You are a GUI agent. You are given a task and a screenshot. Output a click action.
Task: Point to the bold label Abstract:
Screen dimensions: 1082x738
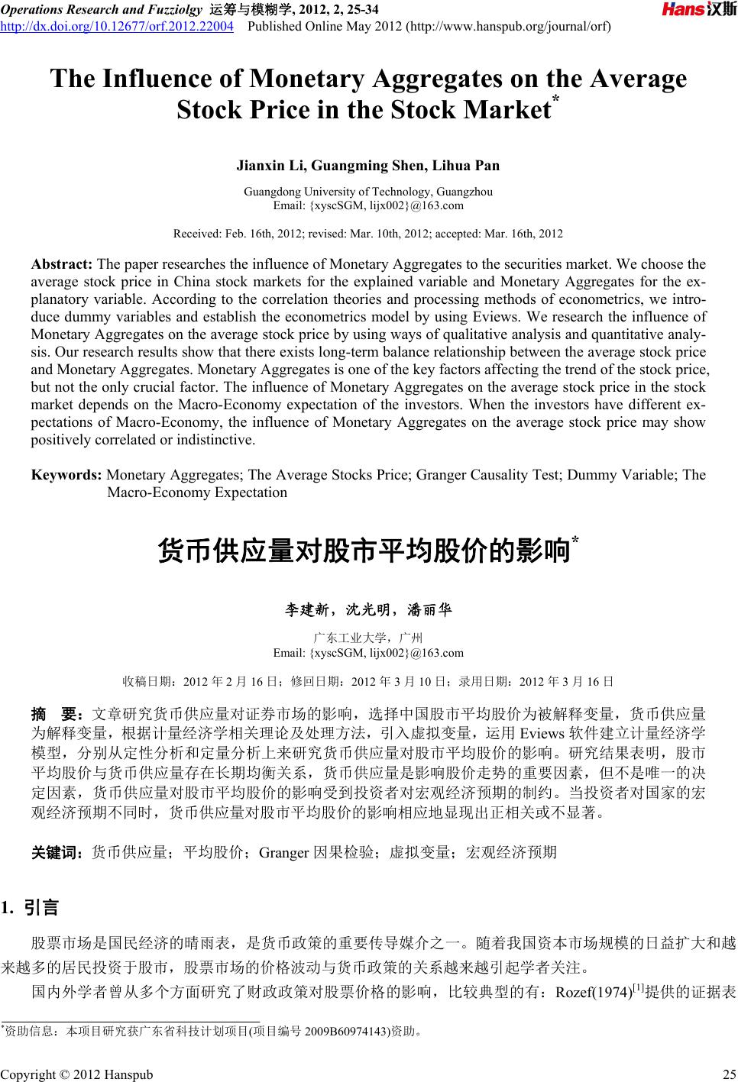pos(62,265)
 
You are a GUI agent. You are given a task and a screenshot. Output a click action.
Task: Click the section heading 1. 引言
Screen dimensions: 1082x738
pos(37,909)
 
